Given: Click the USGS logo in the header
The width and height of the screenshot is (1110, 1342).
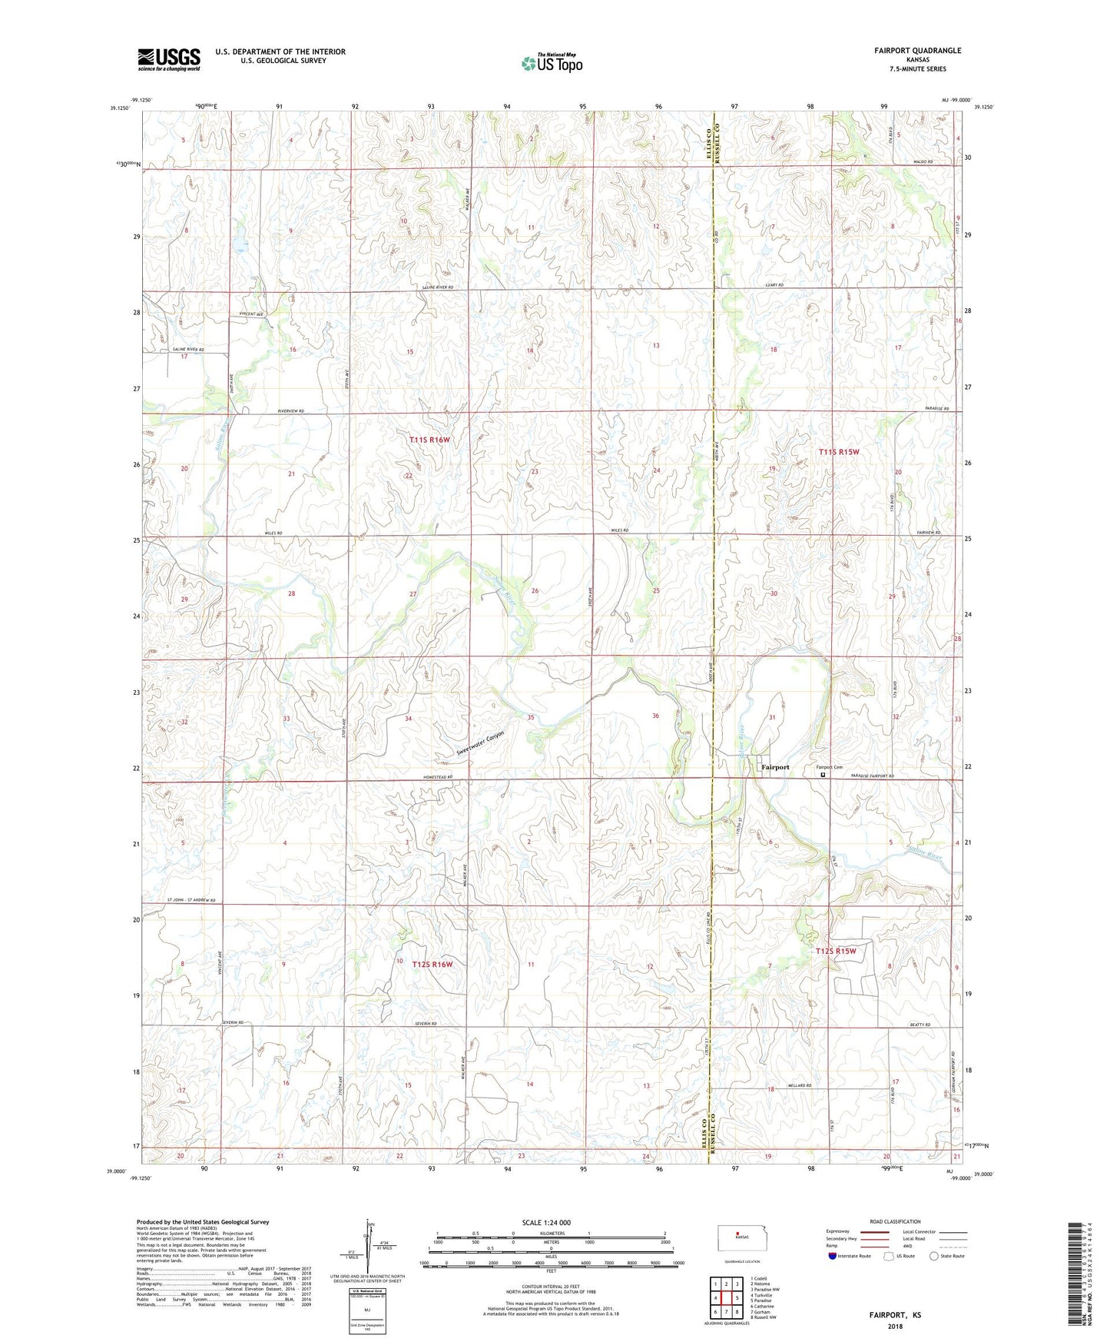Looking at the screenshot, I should pos(169,59).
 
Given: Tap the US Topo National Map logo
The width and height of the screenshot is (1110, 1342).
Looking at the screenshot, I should pos(551,62).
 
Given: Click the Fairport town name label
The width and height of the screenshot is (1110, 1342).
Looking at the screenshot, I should pos(774,767).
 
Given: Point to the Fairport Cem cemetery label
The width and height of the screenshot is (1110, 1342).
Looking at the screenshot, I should pos(829,767).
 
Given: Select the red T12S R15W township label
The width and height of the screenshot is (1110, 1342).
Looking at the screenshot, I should pos(835,951).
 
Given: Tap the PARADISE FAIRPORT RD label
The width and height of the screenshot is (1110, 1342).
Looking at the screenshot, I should pos(873,777).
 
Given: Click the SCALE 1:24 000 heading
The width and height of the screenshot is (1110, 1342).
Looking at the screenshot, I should pos(545,1222).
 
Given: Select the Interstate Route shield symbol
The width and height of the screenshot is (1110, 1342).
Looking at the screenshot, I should pos(833,1256).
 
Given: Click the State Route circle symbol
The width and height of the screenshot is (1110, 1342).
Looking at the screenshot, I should pos(933,1256).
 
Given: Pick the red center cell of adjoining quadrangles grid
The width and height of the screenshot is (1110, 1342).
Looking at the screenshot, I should pos(725,1300).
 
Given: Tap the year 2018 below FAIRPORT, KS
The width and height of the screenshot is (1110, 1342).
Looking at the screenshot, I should pos(895,1327).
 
